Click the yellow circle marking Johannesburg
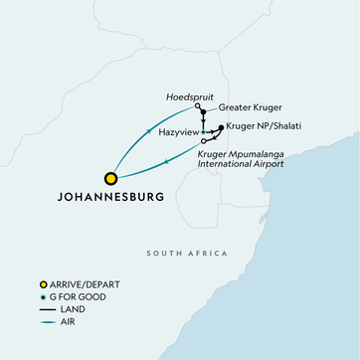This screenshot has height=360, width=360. pos(111,179)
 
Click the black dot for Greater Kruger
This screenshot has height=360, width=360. pos(203,112)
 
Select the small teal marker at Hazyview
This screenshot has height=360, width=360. pos(203,131)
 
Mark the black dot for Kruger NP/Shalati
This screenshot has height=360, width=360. pos(221,127)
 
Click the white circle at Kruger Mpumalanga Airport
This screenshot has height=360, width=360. pos(203,141)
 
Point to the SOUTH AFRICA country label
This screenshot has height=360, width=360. pos(179,255)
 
